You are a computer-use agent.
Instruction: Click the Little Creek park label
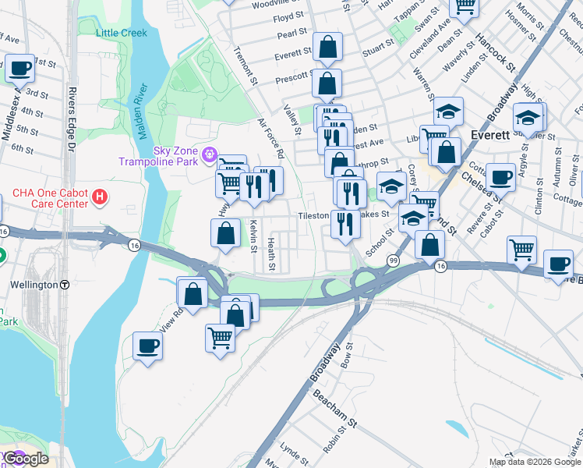[x=121, y=33]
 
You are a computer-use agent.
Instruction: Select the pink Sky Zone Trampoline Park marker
[x=208, y=154]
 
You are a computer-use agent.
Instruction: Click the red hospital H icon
[x=99, y=198]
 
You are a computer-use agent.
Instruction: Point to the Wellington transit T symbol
[x=65, y=285]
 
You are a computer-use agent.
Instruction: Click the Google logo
[x=25, y=459]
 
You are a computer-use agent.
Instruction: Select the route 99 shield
[x=394, y=260]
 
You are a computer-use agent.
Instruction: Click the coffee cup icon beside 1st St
[x=19, y=69]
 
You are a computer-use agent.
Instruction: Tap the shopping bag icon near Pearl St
[x=327, y=47]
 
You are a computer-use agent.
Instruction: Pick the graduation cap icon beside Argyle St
[x=528, y=119]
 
